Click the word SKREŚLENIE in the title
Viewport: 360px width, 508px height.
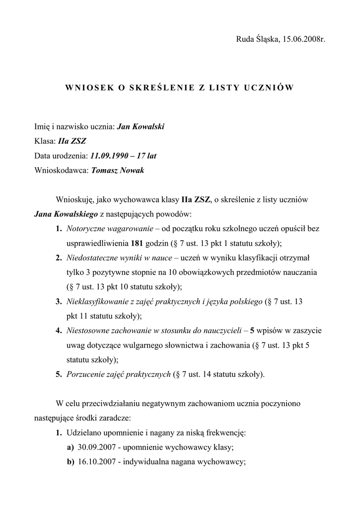162,88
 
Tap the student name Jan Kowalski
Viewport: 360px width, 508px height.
140,127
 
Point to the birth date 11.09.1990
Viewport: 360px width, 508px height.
110,156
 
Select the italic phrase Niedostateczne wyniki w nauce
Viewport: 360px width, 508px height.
119,258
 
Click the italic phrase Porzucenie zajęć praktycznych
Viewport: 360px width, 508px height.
119,375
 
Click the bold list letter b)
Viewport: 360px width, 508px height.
70,462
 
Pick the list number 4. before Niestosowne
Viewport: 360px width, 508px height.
59,331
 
